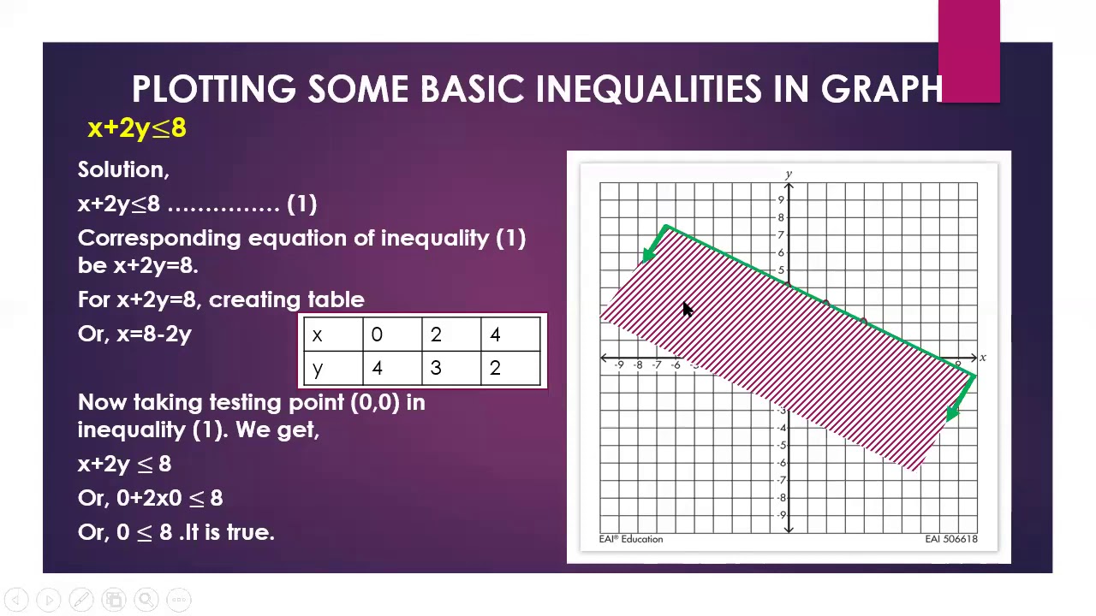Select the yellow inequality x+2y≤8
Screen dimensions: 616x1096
[x=137, y=128]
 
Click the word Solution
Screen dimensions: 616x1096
[x=123, y=169]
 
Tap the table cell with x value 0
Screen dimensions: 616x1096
[x=377, y=335]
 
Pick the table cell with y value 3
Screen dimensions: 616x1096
[x=436, y=368]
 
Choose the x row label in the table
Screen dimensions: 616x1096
[x=318, y=335]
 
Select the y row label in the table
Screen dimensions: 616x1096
[x=318, y=368]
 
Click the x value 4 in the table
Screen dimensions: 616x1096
[x=495, y=335]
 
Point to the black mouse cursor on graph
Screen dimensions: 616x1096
[x=688, y=311]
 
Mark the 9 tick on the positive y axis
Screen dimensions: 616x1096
[x=781, y=200]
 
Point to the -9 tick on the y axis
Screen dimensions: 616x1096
[x=781, y=515]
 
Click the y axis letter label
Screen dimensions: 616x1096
[x=789, y=175]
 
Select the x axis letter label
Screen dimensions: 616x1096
[x=983, y=358]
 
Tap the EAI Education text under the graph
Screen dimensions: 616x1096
[x=631, y=539]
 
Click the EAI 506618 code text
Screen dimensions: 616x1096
[x=950, y=539]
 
